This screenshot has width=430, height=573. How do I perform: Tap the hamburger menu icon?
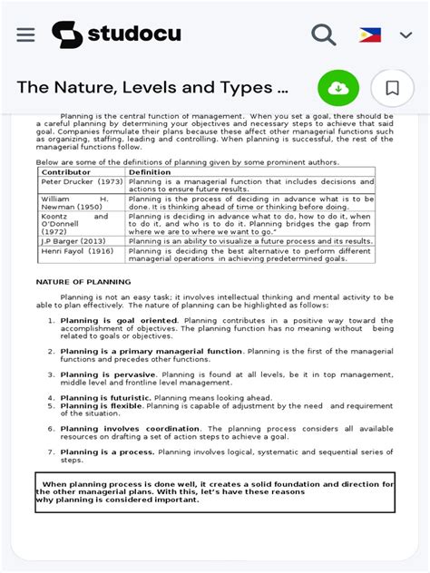pos(25,34)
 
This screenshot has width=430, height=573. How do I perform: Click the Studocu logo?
pos(116,34)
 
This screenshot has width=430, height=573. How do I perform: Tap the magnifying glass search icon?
pos(323,34)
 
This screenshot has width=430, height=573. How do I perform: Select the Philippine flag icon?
pos(370,35)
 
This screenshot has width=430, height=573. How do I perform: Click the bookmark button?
pos(393,88)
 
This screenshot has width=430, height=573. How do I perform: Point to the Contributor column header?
pos(66,171)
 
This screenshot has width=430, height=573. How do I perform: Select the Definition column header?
pos(150,171)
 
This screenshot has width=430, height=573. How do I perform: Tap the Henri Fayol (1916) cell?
pos(77,251)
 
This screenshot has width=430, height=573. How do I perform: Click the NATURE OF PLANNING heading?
pos(83,282)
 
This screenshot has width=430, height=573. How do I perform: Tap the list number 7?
pos(51,452)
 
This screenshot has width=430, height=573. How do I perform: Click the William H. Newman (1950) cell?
pos(74,202)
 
